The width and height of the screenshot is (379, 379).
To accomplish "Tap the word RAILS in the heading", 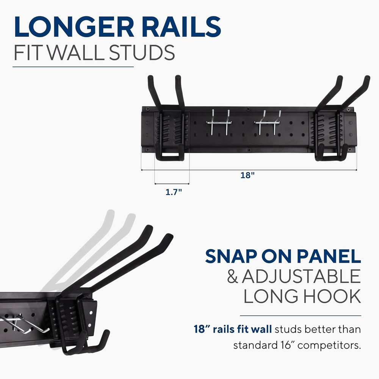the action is (181, 27).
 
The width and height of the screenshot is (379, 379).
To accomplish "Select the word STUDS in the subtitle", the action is (142, 52).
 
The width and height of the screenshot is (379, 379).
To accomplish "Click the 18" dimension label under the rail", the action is (247, 175).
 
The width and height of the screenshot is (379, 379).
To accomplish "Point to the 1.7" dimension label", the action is (174, 192).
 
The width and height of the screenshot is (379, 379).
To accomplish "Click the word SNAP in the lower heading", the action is (231, 256).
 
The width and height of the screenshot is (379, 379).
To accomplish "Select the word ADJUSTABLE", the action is (301, 276).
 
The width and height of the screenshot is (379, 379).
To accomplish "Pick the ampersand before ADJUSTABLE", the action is (233, 277).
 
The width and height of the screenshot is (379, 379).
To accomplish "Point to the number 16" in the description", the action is (285, 345).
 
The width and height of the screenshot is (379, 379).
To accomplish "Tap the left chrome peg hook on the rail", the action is (219, 122).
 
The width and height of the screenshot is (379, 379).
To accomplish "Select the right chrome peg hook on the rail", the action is (267, 122).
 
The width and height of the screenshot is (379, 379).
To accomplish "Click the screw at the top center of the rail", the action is (248, 109).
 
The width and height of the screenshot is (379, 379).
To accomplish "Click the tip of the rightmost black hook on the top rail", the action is (367, 78).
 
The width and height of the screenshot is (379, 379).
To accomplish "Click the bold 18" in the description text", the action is (202, 329).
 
